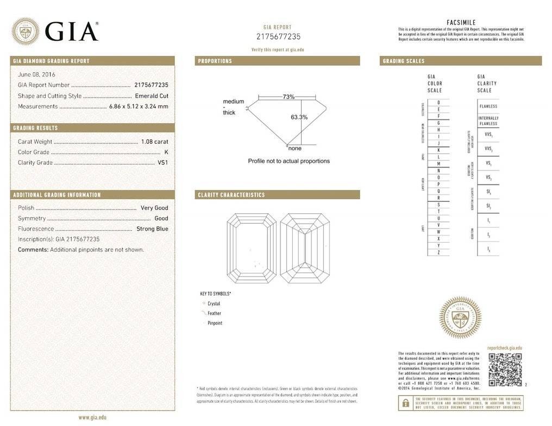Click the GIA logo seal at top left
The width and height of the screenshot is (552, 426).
click(x=26, y=31)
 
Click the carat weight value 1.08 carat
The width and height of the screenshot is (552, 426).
click(x=154, y=142)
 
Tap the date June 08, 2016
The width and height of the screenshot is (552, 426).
click(x=36, y=74)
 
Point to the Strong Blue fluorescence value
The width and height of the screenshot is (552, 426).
click(x=152, y=229)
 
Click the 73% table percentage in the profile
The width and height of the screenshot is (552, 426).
click(x=288, y=97)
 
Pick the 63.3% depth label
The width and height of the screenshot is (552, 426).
click(x=299, y=117)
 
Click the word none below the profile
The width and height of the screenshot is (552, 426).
click(x=294, y=148)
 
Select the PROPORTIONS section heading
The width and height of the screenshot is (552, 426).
click(x=215, y=61)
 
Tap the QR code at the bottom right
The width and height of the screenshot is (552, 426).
click(x=505, y=369)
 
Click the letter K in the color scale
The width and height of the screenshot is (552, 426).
click(x=438, y=150)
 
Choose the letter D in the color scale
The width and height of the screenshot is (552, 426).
click(x=438, y=103)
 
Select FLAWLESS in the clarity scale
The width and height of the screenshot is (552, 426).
click(x=488, y=106)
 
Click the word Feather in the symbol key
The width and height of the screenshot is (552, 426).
click(x=214, y=313)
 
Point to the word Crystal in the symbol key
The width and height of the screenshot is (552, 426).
click(x=214, y=303)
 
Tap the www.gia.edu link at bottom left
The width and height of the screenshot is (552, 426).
click(x=92, y=417)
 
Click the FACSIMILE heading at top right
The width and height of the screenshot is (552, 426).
click(x=461, y=22)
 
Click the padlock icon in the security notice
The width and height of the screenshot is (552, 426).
click(x=405, y=403)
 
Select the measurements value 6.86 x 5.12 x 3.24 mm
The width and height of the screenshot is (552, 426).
click(x=139, y=106)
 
